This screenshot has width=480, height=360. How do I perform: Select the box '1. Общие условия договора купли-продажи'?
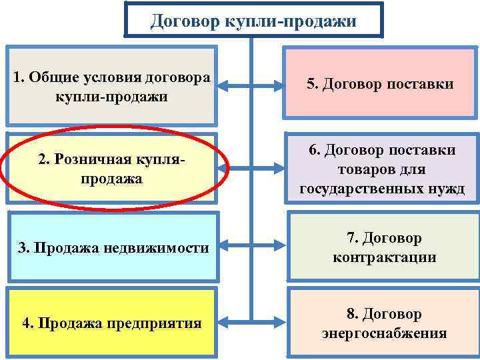click(x=111, y=86)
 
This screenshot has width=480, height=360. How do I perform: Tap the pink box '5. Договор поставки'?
click(x=380, y=84)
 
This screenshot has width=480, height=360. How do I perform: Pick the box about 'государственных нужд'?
click(x=382, y=169)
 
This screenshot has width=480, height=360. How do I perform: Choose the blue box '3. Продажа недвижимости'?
click(x=111, y=247)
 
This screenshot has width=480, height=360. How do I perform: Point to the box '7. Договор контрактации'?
click(x=383, y=247)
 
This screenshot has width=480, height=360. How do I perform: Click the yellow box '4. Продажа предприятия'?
click(x=111, y=323)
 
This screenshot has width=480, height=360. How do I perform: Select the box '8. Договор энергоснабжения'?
click(x=383, y=323)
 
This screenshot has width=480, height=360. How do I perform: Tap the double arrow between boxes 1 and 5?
click(x=251, y=85)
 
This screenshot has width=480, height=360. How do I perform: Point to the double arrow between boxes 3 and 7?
click(x=251, y=248)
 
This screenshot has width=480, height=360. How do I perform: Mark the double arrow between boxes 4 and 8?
click(x=251, y=324)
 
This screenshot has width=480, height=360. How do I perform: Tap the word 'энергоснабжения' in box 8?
click(x=383, y=333)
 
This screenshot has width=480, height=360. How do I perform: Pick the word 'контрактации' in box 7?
click(x=384, y=257)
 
